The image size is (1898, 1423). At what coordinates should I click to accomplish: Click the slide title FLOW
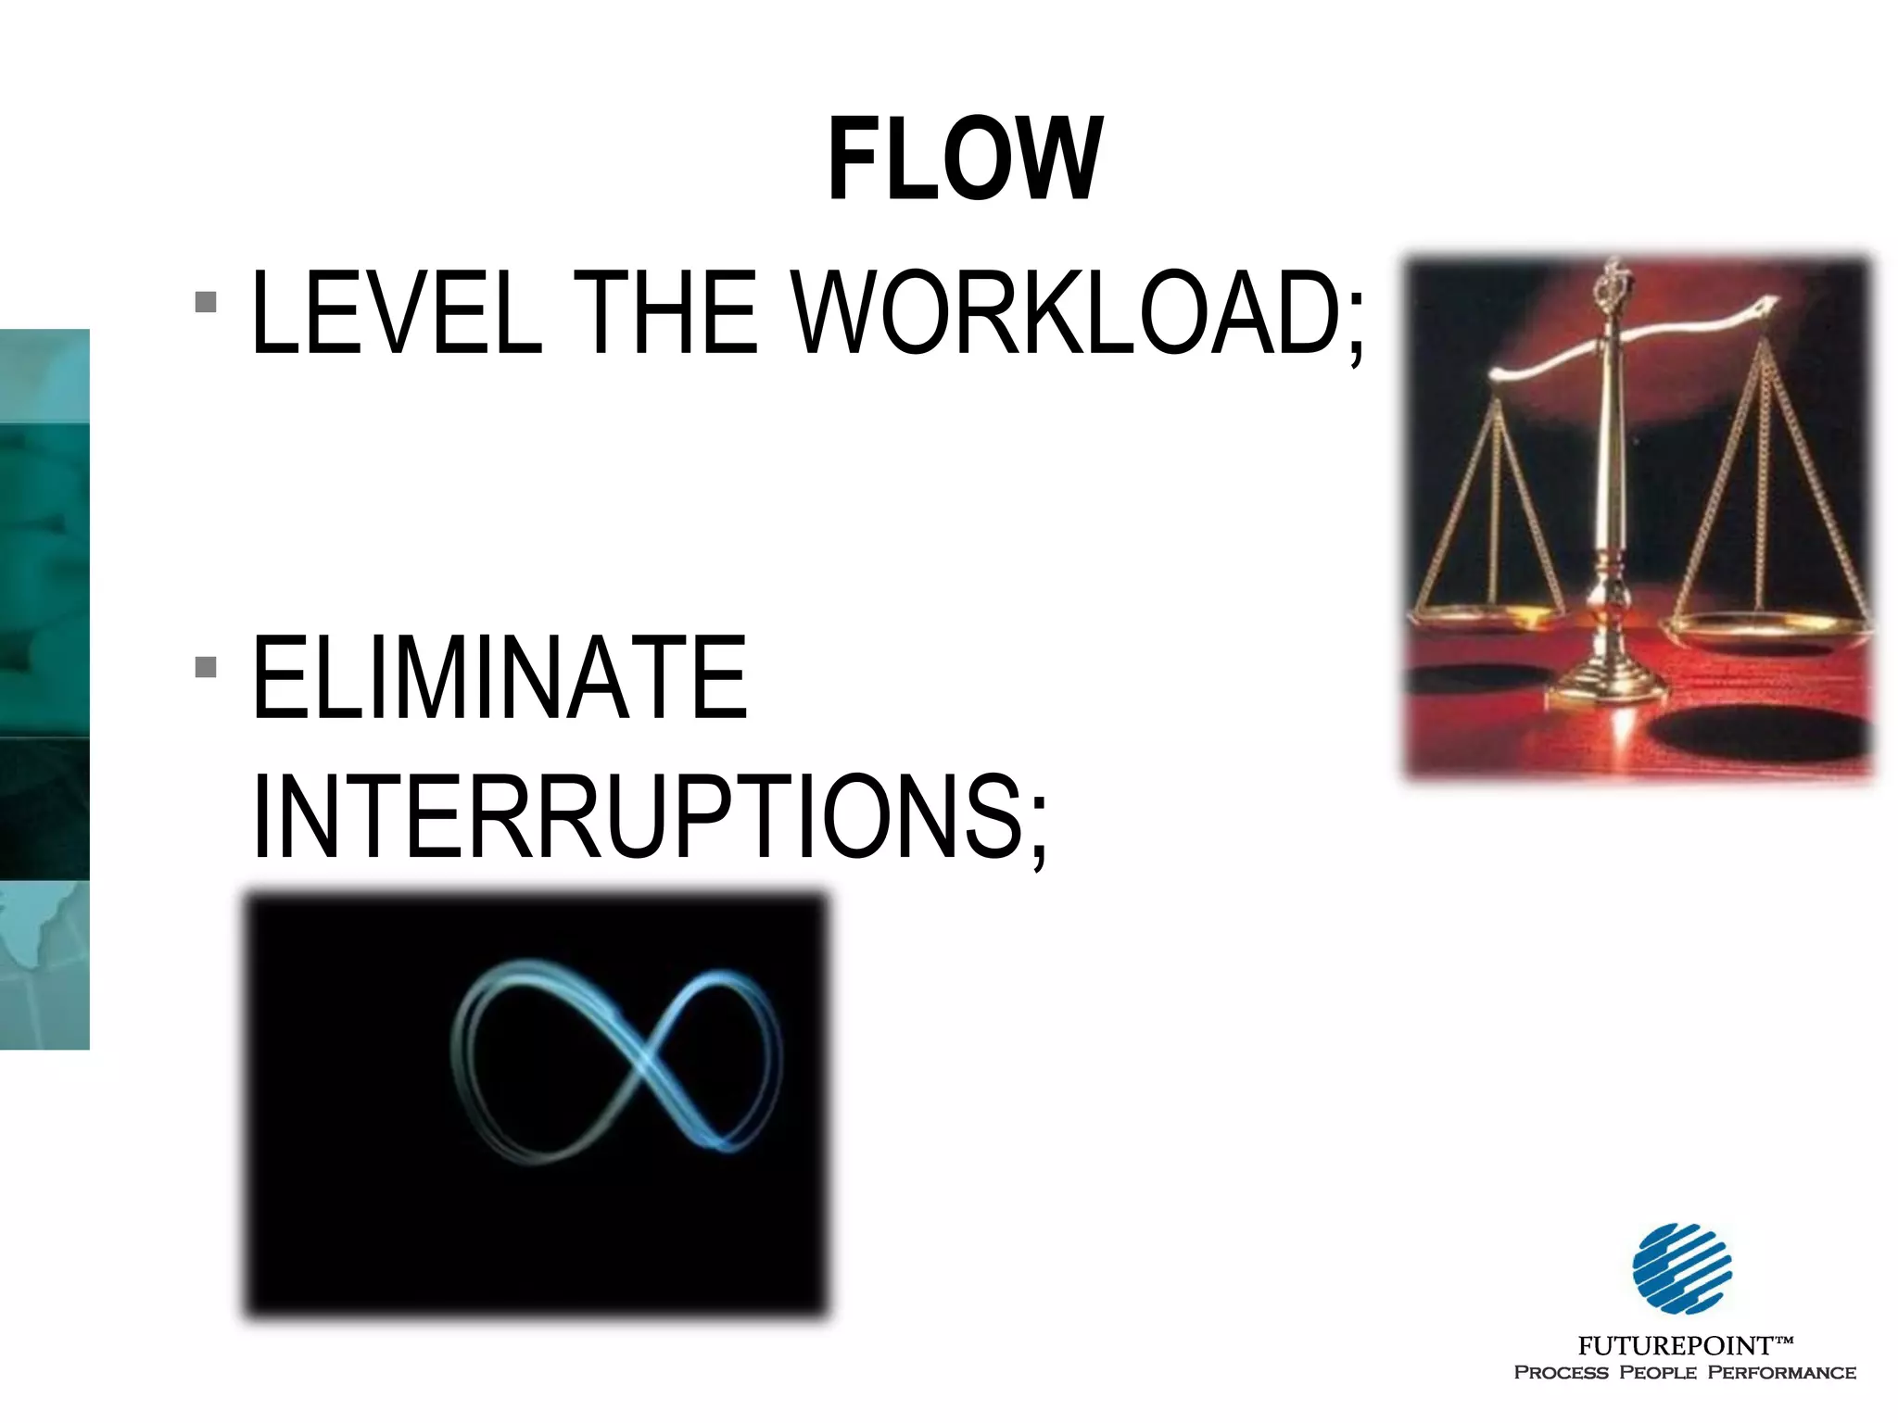pos(965,159)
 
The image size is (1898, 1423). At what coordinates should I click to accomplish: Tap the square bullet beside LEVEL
pos(207,302)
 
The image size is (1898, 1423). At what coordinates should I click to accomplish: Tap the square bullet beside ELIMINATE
pos(207,667)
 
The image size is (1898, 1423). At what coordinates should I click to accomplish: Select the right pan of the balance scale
pos(1765,631)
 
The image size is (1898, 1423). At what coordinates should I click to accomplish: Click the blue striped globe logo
pos(1681,1268)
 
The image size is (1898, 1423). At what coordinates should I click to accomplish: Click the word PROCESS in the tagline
pos(1561,1372)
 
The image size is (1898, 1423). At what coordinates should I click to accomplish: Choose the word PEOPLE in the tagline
pos(1658,1372)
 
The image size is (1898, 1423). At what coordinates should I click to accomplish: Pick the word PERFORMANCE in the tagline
pos(1781,1372)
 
